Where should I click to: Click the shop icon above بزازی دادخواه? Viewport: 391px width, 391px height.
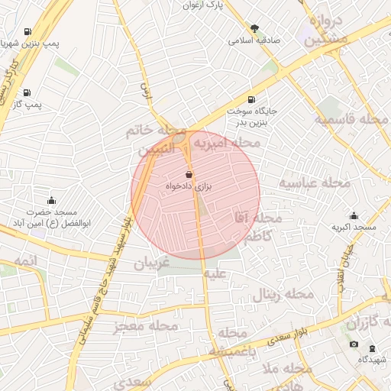189,174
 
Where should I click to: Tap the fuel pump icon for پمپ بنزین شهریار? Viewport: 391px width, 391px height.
28,32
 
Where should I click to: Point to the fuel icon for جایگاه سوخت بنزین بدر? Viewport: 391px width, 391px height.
251,100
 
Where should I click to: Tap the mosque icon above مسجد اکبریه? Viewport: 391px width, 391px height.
354,216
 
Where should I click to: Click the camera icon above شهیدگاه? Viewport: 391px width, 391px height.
354,345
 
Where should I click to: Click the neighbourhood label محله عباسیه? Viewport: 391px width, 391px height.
314,183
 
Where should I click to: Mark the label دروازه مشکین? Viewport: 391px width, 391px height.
328,31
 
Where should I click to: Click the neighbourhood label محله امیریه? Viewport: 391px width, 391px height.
226,143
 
